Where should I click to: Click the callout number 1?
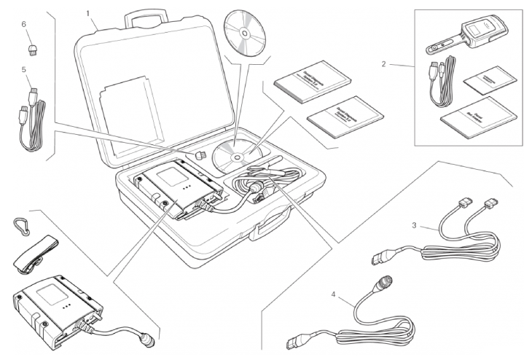[89, 12]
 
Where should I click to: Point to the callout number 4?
[334, 295]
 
